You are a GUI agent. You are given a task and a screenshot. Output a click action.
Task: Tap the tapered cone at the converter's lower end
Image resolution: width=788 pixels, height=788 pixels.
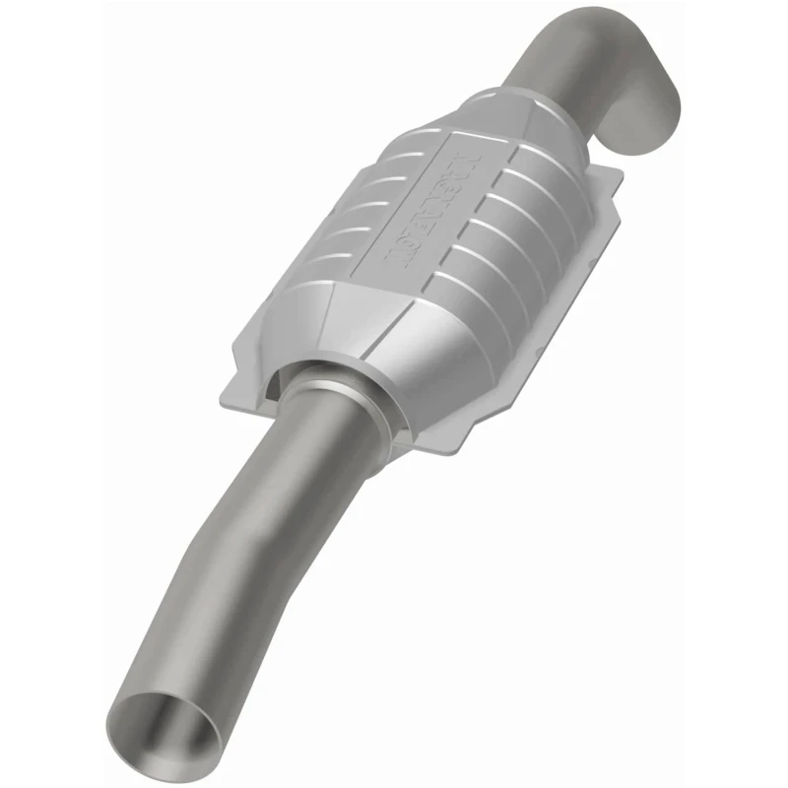(x=364, y=355)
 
